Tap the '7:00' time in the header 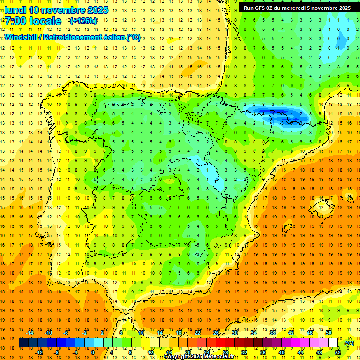(x=15, y=21)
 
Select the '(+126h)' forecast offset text (x=83, y=21)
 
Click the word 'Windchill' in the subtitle (x=21, y=37)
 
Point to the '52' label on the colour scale (x=338, y=352)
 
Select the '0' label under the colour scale (x=93, y=352)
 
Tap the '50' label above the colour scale (x=329, y=333)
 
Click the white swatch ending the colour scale (x=333, y=343)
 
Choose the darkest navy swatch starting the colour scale (x=23, y=343)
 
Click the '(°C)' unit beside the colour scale (x=349, y=343)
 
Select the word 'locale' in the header (x=44, y=21)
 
